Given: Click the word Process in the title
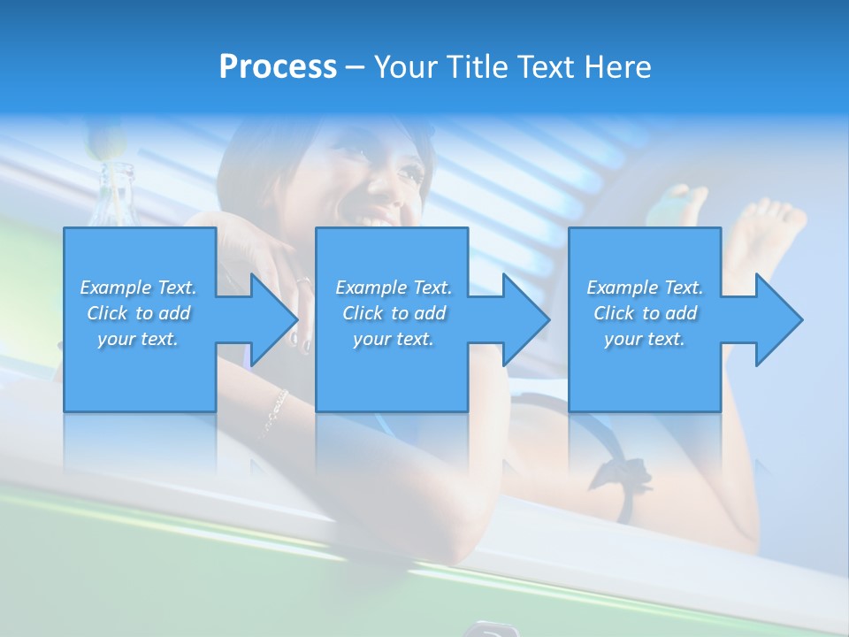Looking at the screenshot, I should [x=278, y=66].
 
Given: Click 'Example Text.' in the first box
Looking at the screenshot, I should [x=138, y=288].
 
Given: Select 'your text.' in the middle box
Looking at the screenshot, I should [x=394, y=339].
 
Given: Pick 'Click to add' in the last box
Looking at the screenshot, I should [x=645, y=313].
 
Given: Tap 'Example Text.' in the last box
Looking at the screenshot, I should [x=645, y=288].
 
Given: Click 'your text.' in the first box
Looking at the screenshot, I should [x=138, y=339].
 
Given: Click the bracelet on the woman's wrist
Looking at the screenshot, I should [x=274, y=412].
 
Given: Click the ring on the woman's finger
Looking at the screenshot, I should [x=302, y=282].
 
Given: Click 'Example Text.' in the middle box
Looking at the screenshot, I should [x=394, y=288].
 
